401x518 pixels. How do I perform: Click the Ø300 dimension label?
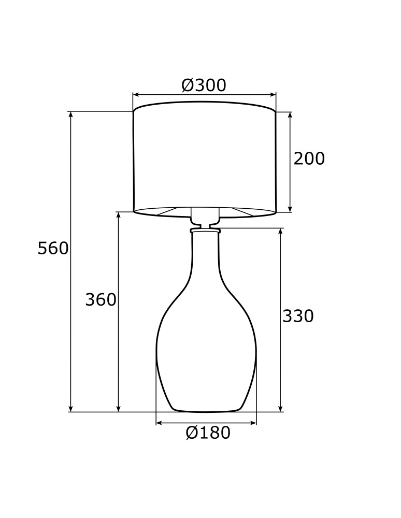204,85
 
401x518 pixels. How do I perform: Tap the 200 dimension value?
309,159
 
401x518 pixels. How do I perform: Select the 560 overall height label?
53,249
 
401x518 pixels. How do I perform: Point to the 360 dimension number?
101,300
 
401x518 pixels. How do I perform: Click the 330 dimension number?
298,316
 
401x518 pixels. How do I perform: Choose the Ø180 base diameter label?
208,433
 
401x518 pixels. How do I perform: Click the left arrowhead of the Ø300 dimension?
136,95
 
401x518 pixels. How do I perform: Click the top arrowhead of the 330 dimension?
280,231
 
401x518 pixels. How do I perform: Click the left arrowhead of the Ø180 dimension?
159,423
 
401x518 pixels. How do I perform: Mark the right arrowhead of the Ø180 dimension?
253,423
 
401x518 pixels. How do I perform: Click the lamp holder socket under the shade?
205,216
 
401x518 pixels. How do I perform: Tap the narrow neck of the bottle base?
205,254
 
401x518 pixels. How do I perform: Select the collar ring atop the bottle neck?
205,229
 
